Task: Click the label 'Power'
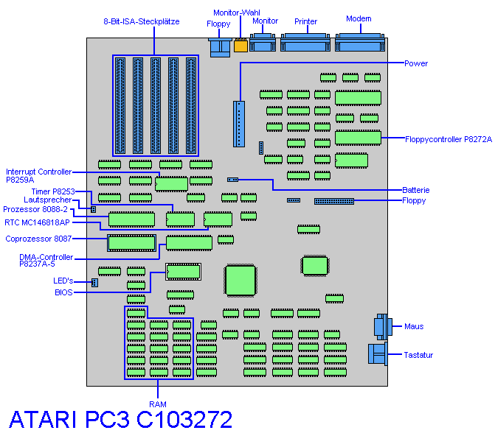(x=416, y=63)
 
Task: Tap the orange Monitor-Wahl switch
(x=240, y=46)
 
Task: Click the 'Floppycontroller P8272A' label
(x=449, y=138)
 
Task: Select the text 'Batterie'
(x=416, y=190)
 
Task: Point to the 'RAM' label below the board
(x=158, y=404)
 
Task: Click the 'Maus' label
(x=414, y=326)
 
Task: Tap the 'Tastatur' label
(x=418, y=355)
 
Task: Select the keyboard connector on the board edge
(x=378, y=354)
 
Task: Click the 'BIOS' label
(x=64, y=292)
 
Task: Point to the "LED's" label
(x=64, y=281)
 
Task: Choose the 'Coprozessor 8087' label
(x=38, y=238)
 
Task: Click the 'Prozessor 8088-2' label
(x=35, y=209)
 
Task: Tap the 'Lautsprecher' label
(x=47, y=200)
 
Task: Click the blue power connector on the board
(x=238, y=124)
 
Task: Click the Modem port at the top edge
(x=360, y=43)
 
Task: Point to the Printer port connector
(x=306, y=43)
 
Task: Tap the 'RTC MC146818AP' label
(x=37, y=222)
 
